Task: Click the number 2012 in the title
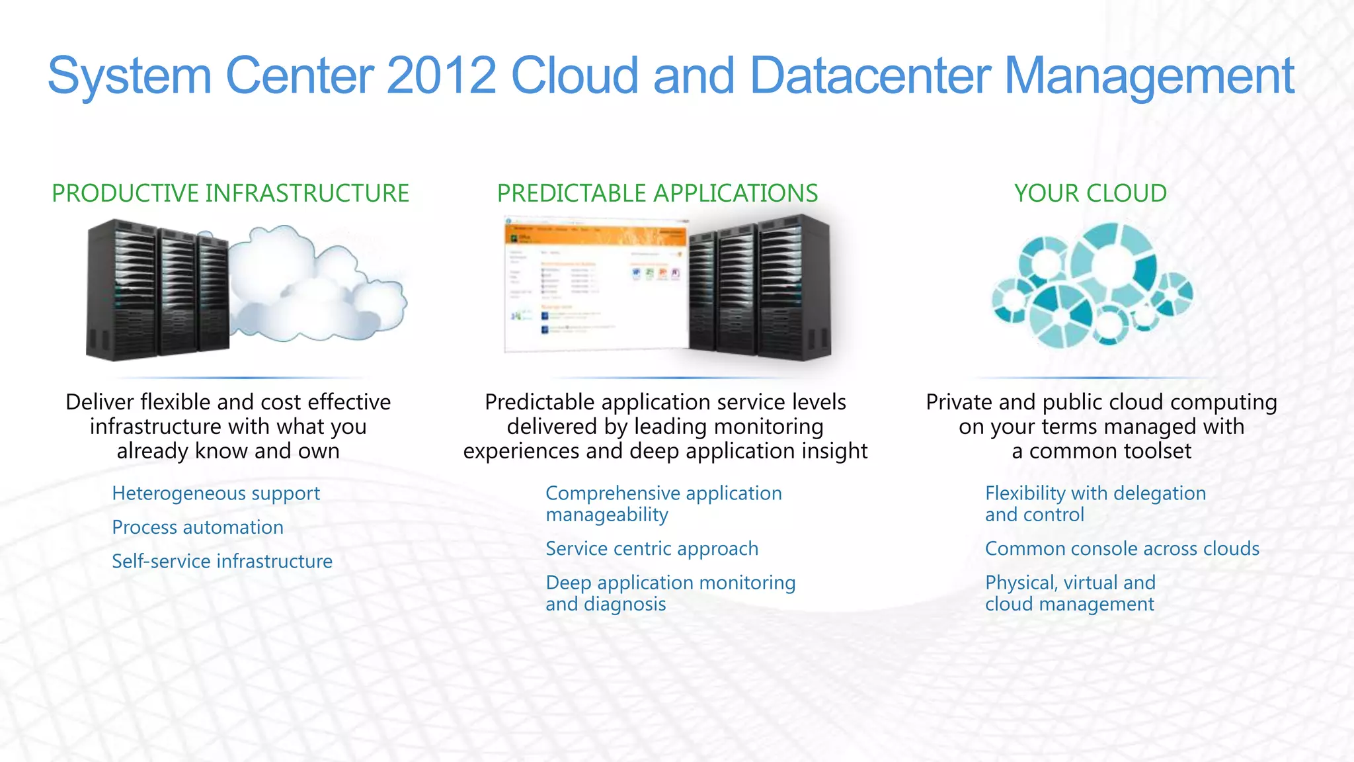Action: (441, 75)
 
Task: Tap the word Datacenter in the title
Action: (870, 75)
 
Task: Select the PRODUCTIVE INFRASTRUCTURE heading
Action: (230, 193)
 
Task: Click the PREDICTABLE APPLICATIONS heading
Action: (657, 193)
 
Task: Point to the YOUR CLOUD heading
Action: (1090, 193)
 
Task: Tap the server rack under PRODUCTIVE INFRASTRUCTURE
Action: (157, 291)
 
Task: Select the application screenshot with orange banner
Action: (595, 284)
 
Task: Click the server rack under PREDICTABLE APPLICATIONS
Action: (760, 288)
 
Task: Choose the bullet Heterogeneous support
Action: (216, 493)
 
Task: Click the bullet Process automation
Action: (198, 527)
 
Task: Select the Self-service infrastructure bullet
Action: (222, 561)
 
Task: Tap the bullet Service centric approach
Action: (652, 548)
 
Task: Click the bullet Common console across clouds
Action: (1122, 548)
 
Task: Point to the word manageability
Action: (607, 515)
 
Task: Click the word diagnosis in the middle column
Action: (625, 604)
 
